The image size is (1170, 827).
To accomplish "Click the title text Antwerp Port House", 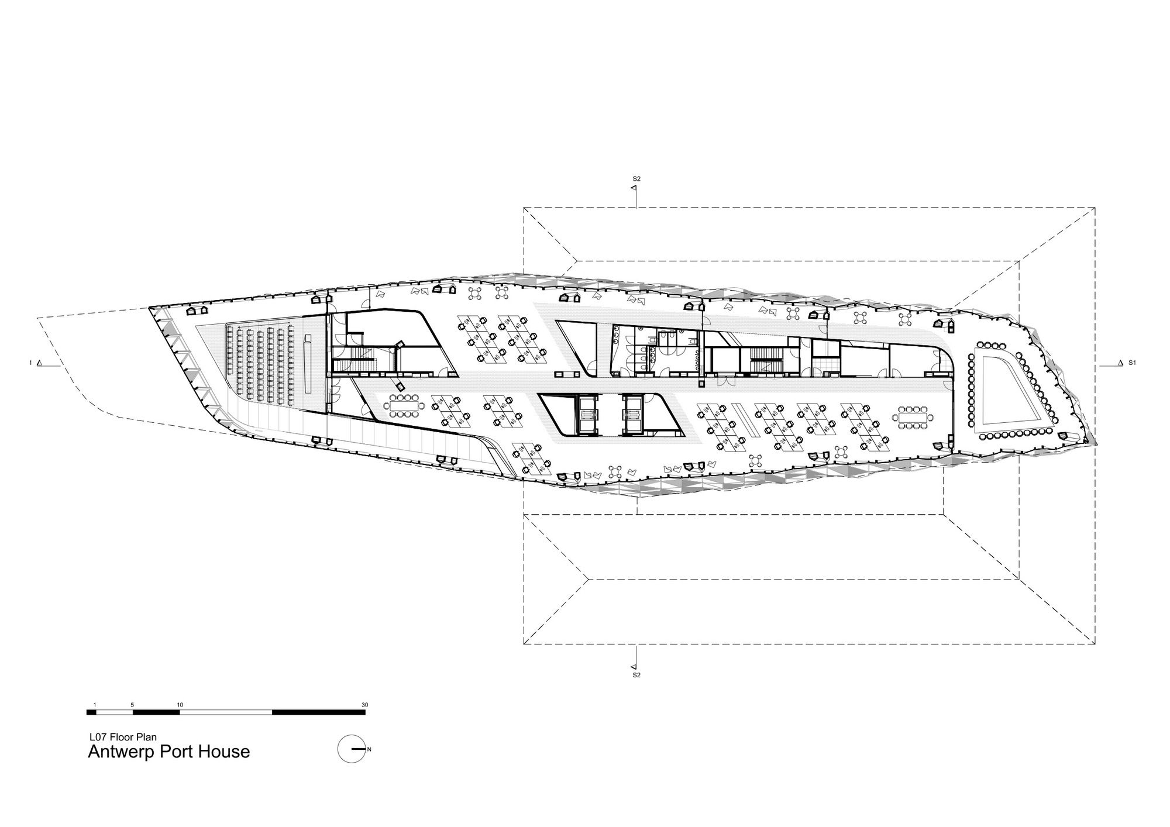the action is click(168, 752).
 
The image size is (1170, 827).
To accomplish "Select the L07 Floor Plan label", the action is click(122, 738).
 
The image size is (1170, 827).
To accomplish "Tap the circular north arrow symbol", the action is click(351, 749).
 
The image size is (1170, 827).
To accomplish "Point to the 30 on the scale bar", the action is click(365, 705).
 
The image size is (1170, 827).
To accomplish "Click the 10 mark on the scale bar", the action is click(180, 705).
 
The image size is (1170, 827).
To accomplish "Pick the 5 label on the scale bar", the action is click(133, 705).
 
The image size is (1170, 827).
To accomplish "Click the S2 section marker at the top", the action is click(636, 183).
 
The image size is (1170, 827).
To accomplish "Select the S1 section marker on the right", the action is click(1127, 363).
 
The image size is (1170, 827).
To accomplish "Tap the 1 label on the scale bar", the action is click(94, 705).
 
